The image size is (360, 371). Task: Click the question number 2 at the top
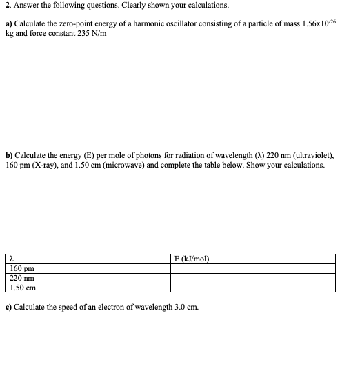[7, 6]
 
